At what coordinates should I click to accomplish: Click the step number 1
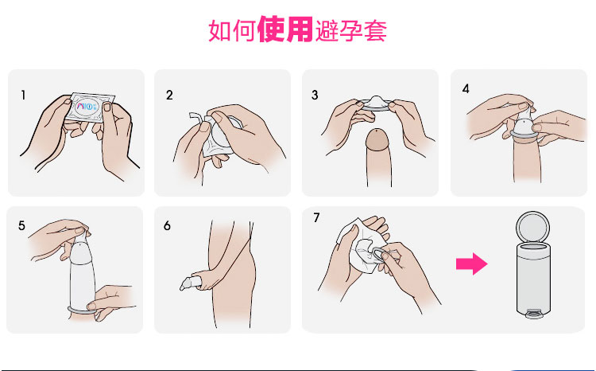(24, 95)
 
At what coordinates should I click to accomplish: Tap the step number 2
(169, 95)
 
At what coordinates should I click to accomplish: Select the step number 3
(315, 95)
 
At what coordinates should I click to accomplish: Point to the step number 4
(466, 88)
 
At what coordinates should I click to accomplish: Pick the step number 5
(21, 225)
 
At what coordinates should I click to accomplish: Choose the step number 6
(167, 225)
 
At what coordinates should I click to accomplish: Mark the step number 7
(316, 217)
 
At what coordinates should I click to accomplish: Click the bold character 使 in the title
(271, 29)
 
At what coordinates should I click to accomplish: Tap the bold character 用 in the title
(300, 29)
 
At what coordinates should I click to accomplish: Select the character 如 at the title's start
(219, 30)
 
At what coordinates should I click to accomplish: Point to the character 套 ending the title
(376, 30)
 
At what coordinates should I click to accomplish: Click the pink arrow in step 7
(472, 264)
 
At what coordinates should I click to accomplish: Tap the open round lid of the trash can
(532, 228)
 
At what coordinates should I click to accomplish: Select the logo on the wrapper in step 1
(87, 107)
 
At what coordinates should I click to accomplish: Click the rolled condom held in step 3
(375, 103)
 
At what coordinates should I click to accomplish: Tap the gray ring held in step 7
(378, 255)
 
